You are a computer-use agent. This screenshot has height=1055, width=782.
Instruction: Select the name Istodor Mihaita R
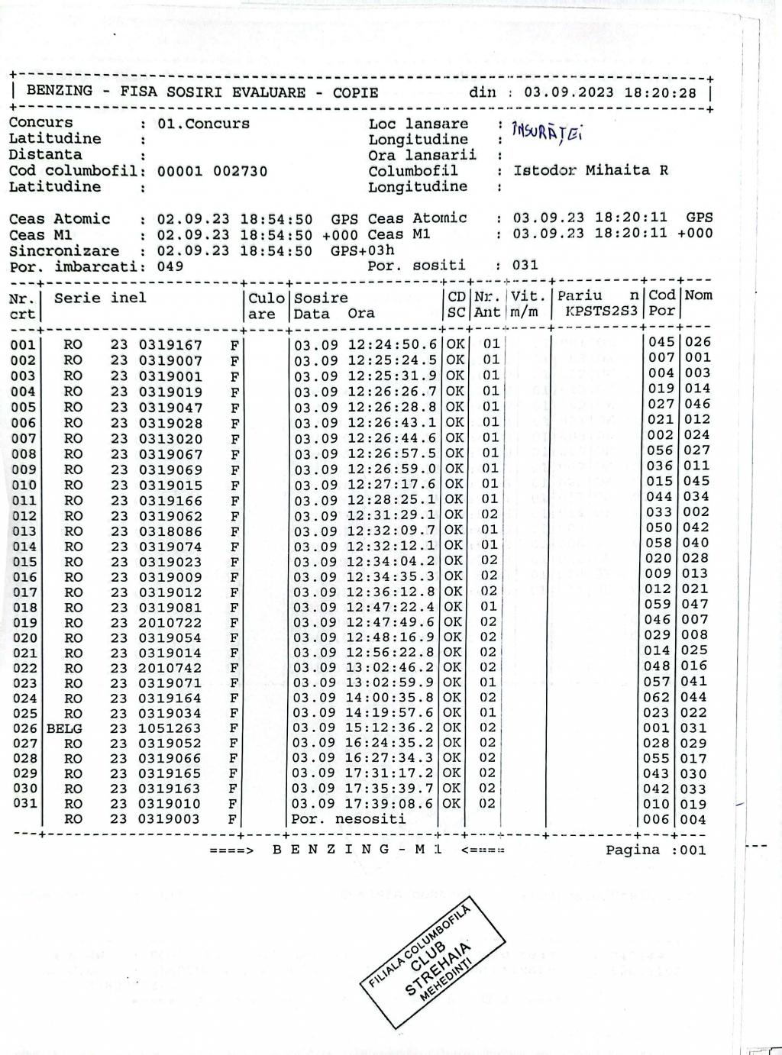click(x=590, y=170)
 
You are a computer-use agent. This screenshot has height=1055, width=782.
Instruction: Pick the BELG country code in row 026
click(x=64, y=728)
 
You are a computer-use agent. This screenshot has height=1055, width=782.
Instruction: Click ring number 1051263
click(x=170, y=728)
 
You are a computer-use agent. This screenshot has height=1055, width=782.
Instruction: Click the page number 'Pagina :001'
click(x=655, y=850)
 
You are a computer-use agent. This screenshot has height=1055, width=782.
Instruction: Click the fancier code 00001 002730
click(x=212, y=171)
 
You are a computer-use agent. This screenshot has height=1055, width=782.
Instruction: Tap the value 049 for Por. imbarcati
click(x=170, y=266)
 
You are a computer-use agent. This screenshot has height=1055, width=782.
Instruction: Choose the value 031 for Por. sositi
click(x=525, y=265)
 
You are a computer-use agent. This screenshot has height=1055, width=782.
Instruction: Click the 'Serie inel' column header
click(x=100, y=298)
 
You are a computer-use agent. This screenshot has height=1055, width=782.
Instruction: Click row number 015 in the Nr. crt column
click(x=24, y=562)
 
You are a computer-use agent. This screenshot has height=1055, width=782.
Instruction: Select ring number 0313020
click(x=170, y=439)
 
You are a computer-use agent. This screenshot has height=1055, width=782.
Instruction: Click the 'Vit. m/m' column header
click(x=525, y=304)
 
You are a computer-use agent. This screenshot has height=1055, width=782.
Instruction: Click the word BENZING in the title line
click(x=60, y=92)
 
